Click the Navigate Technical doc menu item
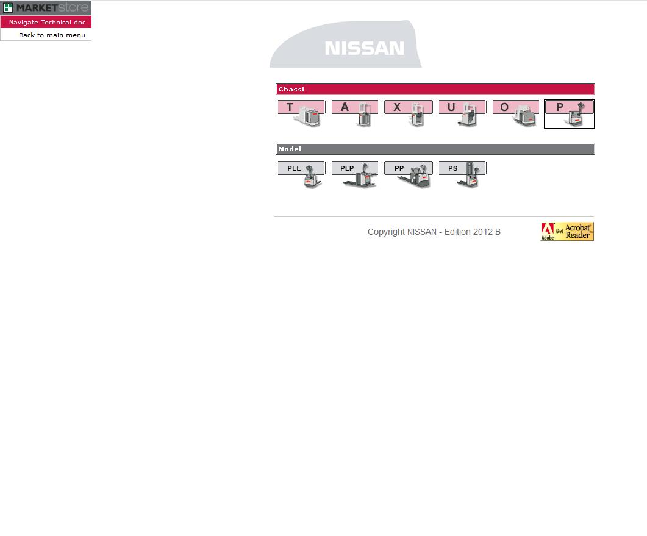pyautogui.click(x=47, y=23)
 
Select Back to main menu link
pyautogui.click(x=52, y=35)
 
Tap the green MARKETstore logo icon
pyautogui.click(x=8, y=7)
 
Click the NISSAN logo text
pyautogui.click(x=364, y=48)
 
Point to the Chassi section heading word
pyautogui.click(x=291, y=89)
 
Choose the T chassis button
pyautogui.click(x=301, y=113)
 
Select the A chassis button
pyautogui.click(x=355, y=113)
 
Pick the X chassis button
pyautogui.click(x=409, y=113)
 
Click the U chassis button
pyautogui.click(x=462, y=113)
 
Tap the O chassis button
pyautogui.click(x=516, y=113)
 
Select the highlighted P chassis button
pyautogui.click(x=570, y=114)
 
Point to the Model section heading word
pyautogui.click(x=290, y=149)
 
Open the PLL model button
pyautogui.click(x=301, y=174)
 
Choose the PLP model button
pyautogui.click(x=355, y=174)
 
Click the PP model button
pyautogui.click(x=409, y=174)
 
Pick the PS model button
pyautogui.click(x=462, y=174)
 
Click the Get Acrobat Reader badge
pyautogui.click(x=567, y=232)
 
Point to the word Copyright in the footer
pyautogui.click(x=386, y=232)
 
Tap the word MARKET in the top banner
pyautogui.click(x=37, y=7)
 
